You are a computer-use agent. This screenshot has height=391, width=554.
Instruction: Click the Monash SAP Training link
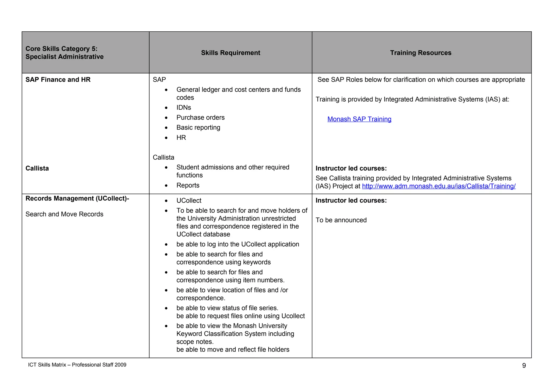(x=359, y=119)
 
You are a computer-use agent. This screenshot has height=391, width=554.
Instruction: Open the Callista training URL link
(x=438, y=186)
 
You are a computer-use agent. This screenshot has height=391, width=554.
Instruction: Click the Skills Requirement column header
(x=230, y=53)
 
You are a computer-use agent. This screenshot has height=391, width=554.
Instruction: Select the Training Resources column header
(x=420, y=53)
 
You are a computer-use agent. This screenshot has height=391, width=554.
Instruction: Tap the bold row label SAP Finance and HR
(x=58, y=80)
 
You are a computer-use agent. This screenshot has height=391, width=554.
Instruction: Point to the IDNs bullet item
(x=184, y=108)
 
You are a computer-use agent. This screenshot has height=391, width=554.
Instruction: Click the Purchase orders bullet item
(x=200, y=118)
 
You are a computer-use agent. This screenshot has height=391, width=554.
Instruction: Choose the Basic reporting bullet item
(x=198, y=128)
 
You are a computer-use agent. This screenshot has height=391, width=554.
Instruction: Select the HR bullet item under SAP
(x=181, y=138)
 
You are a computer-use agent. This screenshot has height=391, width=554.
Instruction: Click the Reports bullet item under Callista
(x=188, y=185)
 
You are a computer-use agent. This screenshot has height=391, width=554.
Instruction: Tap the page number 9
(x=524, y=366)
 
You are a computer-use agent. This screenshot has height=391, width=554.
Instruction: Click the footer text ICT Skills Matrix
(x=77, y=365)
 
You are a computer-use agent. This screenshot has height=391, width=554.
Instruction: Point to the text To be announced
(x=341, y=220)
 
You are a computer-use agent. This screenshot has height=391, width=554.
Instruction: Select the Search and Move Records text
(x=64, y=214)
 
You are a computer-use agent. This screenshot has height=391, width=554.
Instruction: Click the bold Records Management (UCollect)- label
(x=77, y=199)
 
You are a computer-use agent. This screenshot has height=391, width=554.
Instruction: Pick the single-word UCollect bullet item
(x=189, y=201)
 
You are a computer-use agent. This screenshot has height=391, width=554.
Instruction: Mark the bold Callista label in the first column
(x=37, y=168)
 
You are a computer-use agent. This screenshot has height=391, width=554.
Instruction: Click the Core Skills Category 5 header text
(x=64, y=53)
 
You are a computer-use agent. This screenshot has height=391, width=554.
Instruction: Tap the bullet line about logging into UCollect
(x=238, y=244)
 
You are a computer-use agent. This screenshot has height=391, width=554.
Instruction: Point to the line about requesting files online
(x=240, y=316)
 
